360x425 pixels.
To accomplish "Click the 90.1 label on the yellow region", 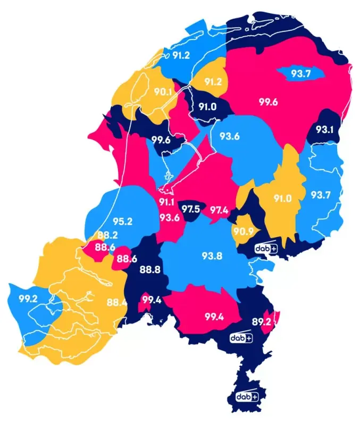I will pyautogui.click(x=163, y=91).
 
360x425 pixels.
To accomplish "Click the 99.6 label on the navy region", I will pyautogui.click(x=160, y=140).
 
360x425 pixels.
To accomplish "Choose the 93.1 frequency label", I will pyautogui.click(x=324, y=129).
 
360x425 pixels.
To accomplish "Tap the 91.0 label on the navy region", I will pyautogui.click(x=207, y=106).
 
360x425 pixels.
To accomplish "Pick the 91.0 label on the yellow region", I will pyautogui.click(x=282, y=199).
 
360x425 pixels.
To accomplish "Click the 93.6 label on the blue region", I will pyautogui.click(x=229, y=136).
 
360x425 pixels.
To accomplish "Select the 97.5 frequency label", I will pyautogui.click(x=190, y=209).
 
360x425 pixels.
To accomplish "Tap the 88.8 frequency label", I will pyautogui.click(x=149, y=269).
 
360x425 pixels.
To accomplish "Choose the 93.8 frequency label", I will pyautogui.click(x=212, y=256).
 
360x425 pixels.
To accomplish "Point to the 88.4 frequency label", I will pyautogui.click(x=116, y=303).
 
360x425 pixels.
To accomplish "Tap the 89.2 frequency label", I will pyautogui.click(x=261, y=321).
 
